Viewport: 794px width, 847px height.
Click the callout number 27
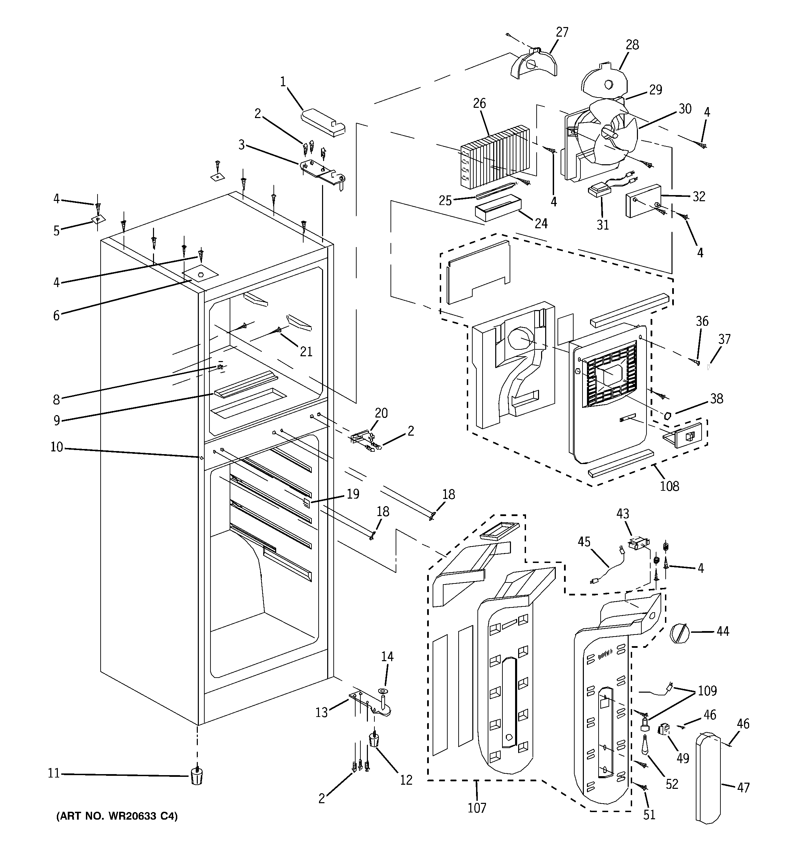562,33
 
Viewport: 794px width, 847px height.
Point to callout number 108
669,486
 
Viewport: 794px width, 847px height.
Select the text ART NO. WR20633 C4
117,816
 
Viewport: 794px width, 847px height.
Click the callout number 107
476,807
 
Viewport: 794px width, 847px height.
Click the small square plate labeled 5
98,219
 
